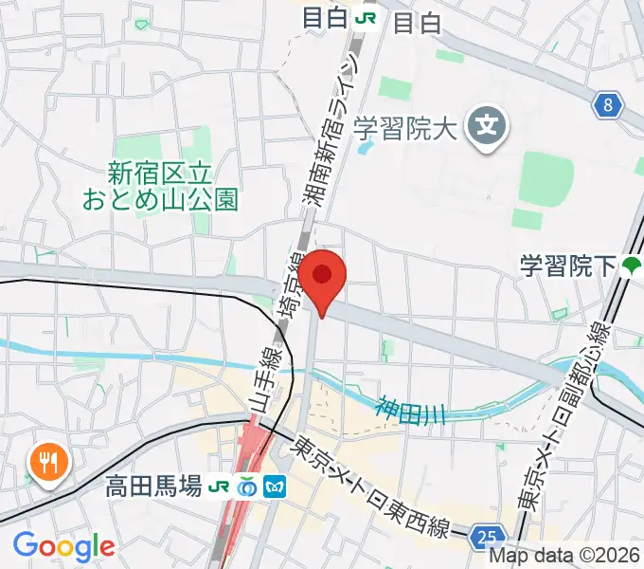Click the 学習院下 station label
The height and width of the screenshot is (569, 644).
[x=566, y=266]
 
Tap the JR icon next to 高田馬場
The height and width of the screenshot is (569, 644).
[x=220, y=486]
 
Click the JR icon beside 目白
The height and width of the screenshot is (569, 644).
[x=364, y=19]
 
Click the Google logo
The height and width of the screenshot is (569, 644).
[x=63, y=545]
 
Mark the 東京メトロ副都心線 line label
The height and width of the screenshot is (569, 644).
[x=588, y=417]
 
